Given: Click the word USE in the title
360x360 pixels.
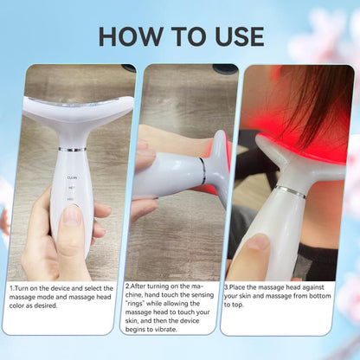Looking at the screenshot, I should (x=231, y=35).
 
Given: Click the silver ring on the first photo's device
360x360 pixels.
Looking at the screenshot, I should (x=73, y=149).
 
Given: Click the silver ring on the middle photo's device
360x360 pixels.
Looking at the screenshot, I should (x=203, y=170).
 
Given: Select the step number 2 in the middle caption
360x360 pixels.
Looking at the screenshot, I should (x=127, y=286).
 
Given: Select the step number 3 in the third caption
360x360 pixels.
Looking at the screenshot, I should (x=227, y=286).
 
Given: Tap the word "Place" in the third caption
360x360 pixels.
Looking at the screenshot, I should (x=241, y=286).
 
